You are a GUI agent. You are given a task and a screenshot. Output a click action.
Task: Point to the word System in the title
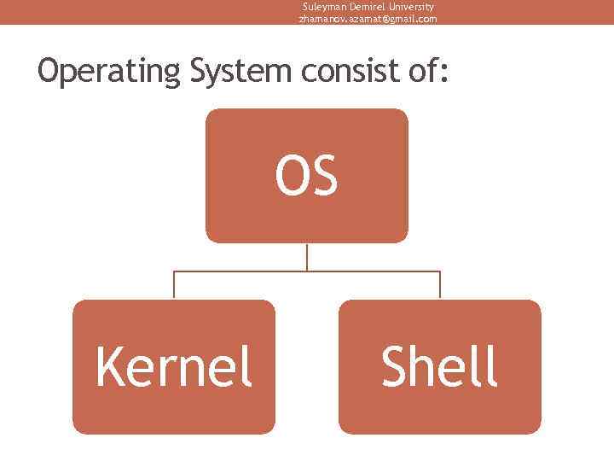(240, 72)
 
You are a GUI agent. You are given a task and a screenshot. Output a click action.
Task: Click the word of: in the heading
(428, 70)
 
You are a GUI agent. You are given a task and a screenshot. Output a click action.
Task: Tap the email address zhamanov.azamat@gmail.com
(368, 18)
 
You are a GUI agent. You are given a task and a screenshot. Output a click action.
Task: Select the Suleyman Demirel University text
(368, 6)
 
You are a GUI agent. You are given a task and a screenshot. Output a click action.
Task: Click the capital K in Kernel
(109, 367)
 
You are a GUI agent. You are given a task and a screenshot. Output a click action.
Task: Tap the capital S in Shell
(396, 367)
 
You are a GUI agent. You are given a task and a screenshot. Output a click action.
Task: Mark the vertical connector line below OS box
(307, 257)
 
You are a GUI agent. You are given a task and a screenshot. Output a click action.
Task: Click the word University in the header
(412, 6)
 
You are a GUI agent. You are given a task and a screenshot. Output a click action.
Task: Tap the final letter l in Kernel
(247, 365)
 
